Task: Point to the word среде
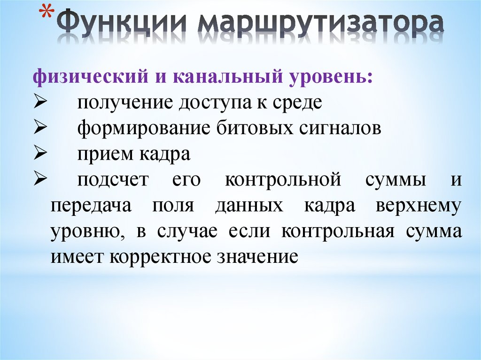[295, 102]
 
